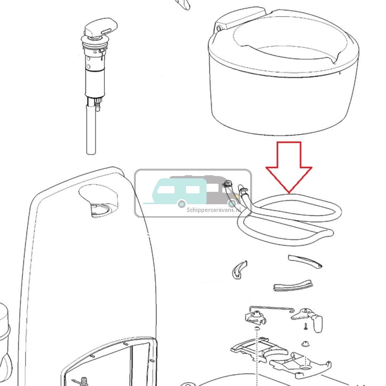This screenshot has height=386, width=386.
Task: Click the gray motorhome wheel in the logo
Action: pyautogui.click(x=232, y=203)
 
